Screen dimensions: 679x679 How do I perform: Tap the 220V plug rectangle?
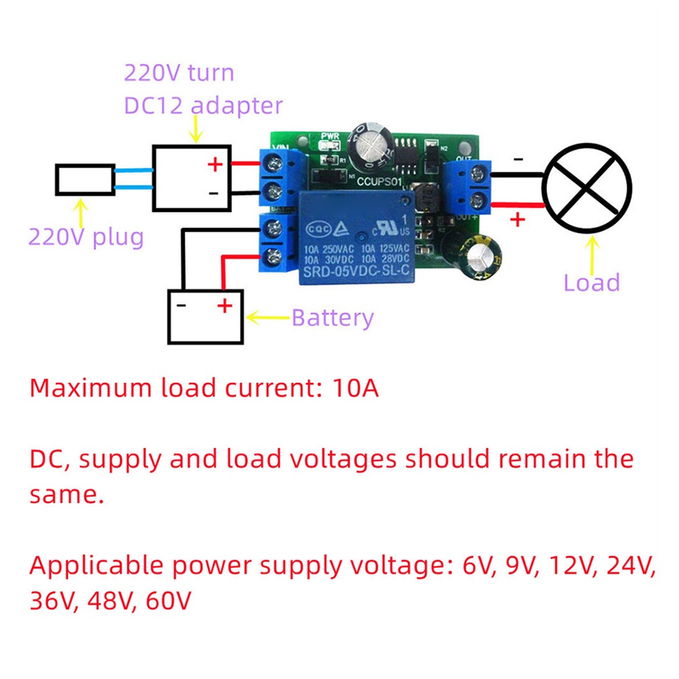click(85, 181)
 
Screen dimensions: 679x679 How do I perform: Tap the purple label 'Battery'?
click(333, 317)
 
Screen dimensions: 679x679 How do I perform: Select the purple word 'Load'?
click(592, 282)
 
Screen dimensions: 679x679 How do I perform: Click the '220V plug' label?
click(86, 238)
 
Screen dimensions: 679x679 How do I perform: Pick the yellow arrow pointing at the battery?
click(268, 316)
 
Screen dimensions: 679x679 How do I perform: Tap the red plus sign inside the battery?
click(224, 307)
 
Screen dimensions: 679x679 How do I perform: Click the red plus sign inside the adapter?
click(215, 164)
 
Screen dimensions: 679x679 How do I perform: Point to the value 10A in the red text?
click(356, 388)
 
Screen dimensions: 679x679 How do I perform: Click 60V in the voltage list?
click(168, 601)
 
